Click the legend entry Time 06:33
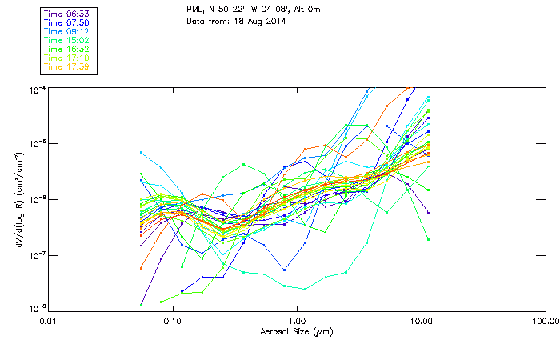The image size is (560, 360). [x=67, y=14]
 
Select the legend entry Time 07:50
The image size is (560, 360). [x=67, y=22]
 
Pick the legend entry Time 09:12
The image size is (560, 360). [x=67, y=31]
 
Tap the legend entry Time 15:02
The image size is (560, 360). [x=67, y=40]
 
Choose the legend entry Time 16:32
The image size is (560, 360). [x=67, y=49]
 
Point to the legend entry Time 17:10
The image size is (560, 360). [x=67, y=58]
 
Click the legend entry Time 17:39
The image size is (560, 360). [x=67, y=66]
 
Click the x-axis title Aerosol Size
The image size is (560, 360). [x=297, y=330]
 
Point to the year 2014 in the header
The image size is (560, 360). [x=273, y=21]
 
